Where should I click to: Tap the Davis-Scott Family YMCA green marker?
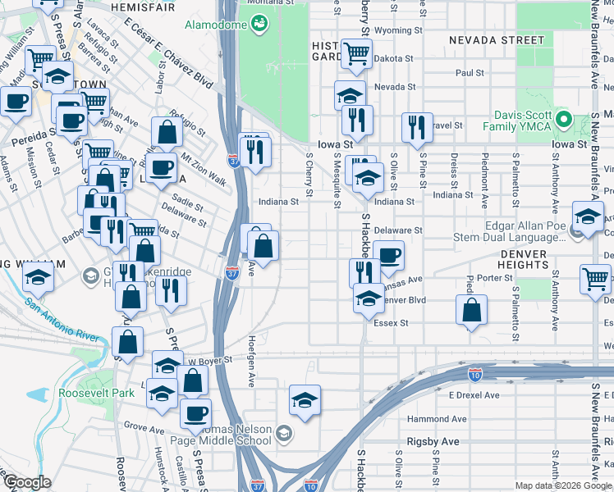(563, 120)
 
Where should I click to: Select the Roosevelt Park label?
(96, 393)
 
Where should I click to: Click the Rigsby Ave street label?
(433, 442)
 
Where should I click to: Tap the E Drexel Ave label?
(474, 394)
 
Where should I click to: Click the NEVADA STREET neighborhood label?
(497, 39)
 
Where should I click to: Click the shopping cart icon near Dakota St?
(355, 54)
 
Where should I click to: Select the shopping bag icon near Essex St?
(471, 311)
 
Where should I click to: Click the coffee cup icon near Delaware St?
(388, 255)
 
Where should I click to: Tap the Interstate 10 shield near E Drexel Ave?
(474, 374)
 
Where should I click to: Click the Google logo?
(26, 482)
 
